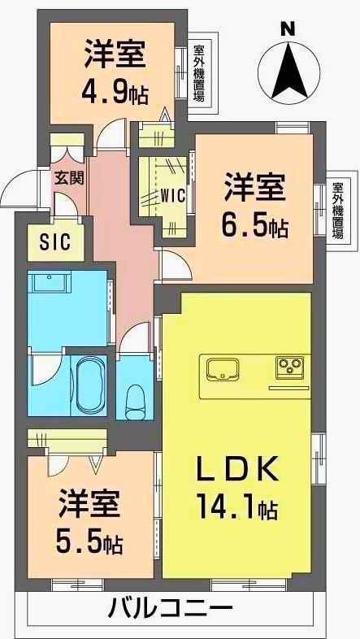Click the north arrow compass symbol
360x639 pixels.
click(x=288, y=68)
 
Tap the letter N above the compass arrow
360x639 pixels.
click(x=287, y=27)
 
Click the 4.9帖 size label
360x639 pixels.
click(x=115, y=93)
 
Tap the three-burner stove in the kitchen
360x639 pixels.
click(x=288, y=367)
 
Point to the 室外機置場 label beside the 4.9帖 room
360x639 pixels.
click(x=199, y=74)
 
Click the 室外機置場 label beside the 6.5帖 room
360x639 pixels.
click(x=336, y=209)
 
